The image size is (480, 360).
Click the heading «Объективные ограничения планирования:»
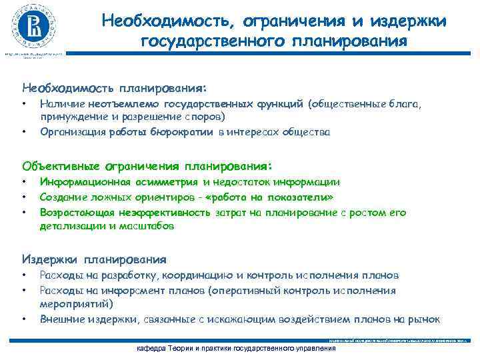(147, 165)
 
